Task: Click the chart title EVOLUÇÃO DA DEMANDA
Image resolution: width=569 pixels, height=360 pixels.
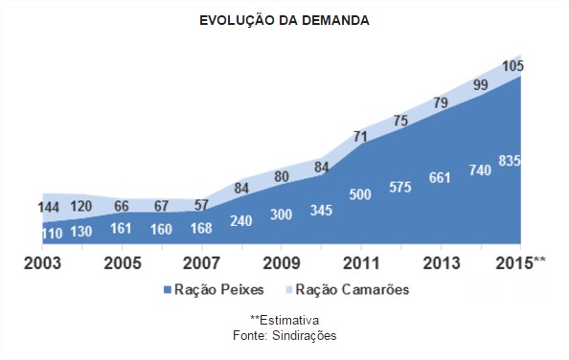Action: (x=284, y=20)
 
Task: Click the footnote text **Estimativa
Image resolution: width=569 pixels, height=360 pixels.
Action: (x=284, y=320)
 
